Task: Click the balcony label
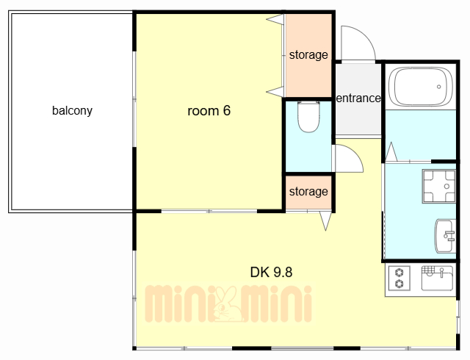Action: (x=72, y=111)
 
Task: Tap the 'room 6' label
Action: (x=209, y=111)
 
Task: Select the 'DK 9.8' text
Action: (x=271, y=272)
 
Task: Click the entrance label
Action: (x=358, y=98)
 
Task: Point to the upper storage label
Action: (x=308, y=55)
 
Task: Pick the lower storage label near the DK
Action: (x=308, y=192)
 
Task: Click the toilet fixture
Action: (x=308, y=117)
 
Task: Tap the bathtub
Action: (x=421, y=87)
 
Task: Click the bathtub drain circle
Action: (x=439, y=87)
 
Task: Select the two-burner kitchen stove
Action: (x=399, y=278)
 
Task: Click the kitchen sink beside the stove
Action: (x=437, y=278)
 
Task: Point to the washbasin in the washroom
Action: (x=445, y=236)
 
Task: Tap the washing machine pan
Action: (x=439, y=187)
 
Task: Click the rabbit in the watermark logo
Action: (x=228, y=304)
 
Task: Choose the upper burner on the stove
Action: (x=399, y=273)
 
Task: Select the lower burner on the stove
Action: (x=399, y=284)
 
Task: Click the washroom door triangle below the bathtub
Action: (x=391, y=152)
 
